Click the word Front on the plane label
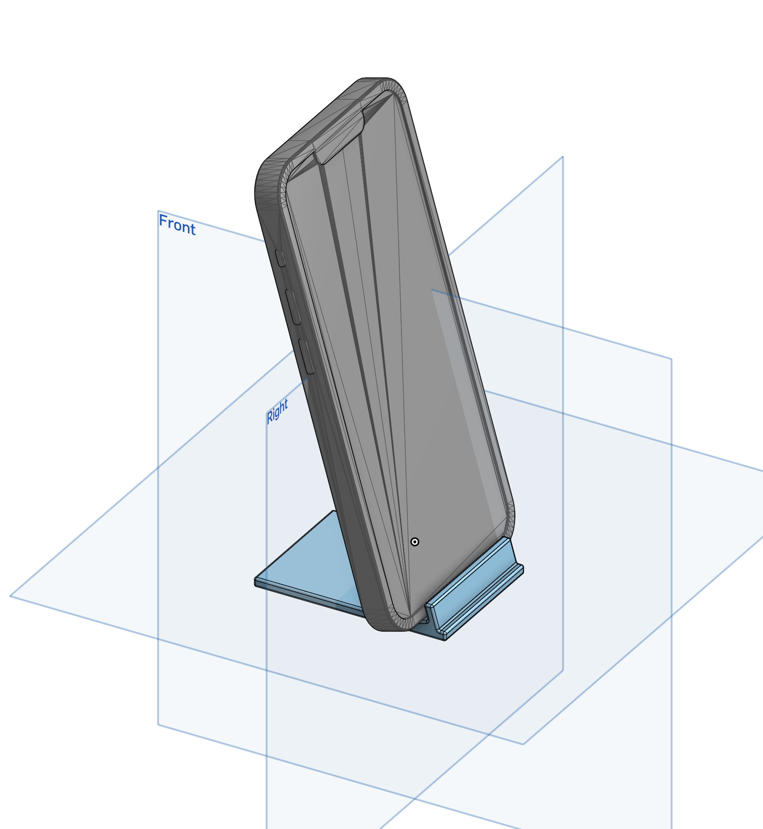pyautogui.click(x=177, y=225)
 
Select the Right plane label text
pyautogui.click(x=278, y=410)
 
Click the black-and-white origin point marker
pyautogui.click(x=415, y=542)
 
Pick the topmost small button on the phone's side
pyautogui.click(x=281, y=258)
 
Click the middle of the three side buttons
pyautogui.click(x=293, y=306)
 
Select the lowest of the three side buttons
pyautogui.click(x=306, y=356)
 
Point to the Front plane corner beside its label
pyautogui.click(x=158, y=211)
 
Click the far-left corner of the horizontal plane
pyautogui.click(x=11, y=595)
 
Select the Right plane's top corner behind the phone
pyautogui.click(x=563, y=157)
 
